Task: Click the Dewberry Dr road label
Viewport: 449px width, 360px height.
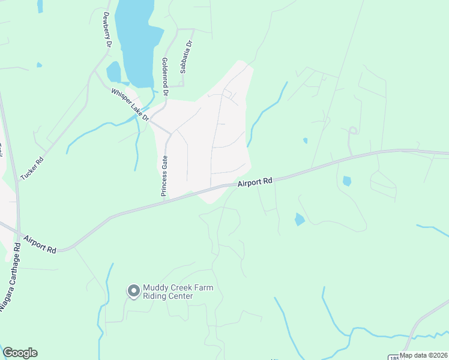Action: [x=107, y=30]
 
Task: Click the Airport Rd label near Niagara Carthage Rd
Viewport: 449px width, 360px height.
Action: [x=40, y=244]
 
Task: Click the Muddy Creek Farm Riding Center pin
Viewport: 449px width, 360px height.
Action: [x=133, y=292]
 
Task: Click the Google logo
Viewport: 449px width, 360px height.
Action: [x=20, y=353]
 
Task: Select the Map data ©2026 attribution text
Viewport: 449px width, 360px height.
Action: [x=423, y=355]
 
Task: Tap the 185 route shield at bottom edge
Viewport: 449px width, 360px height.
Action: [x=393, y=356]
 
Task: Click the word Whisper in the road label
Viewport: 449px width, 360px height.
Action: [x=119, y=97]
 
